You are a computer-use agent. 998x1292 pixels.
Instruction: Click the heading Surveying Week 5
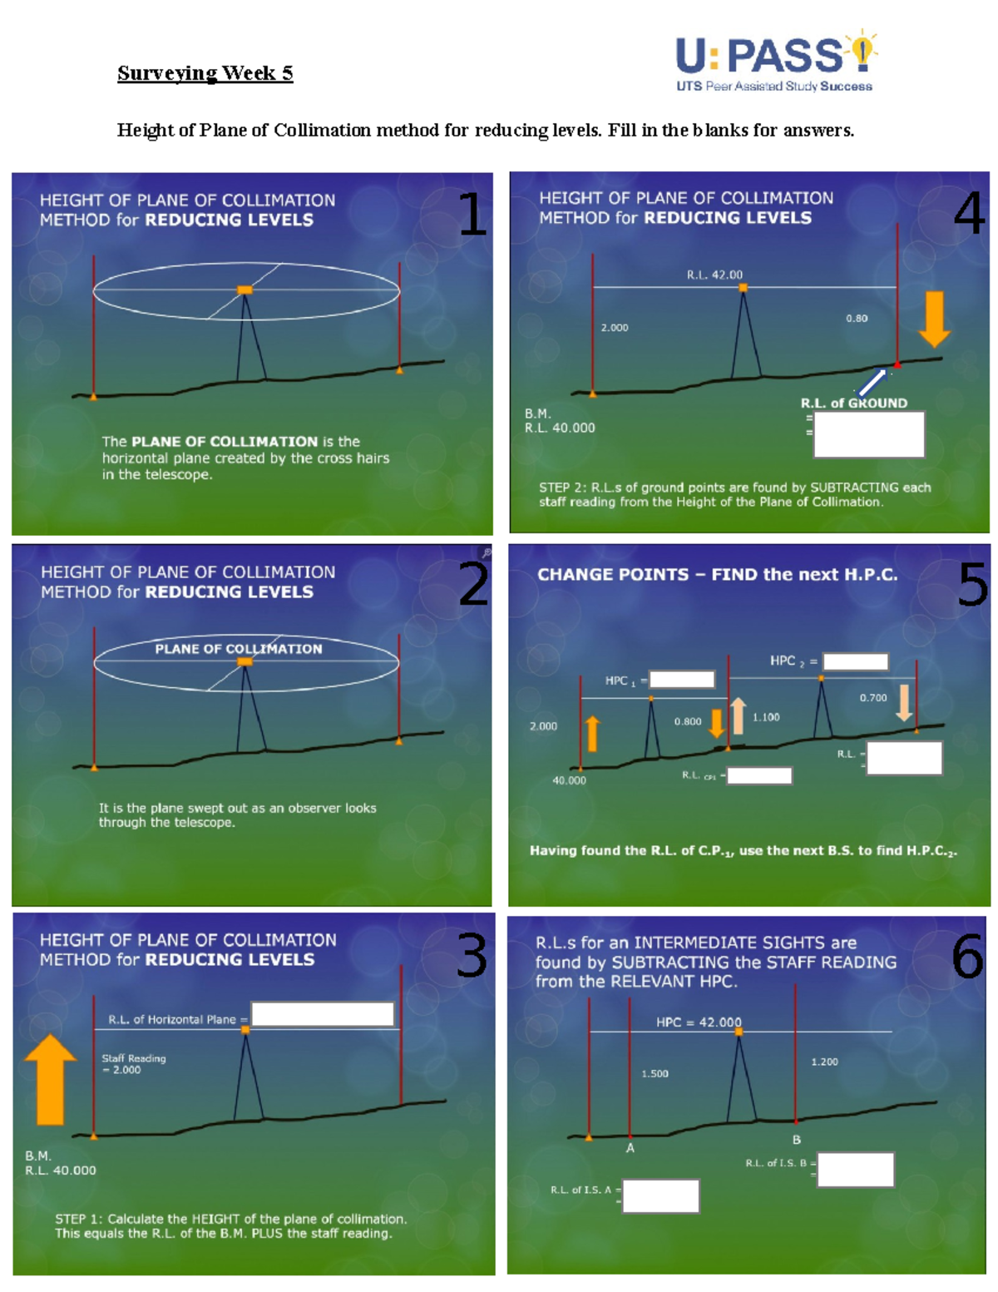[x=205, y=73]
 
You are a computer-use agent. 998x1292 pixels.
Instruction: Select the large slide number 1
[x=472, y=214]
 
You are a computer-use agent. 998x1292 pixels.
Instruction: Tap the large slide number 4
[x=969, y=212]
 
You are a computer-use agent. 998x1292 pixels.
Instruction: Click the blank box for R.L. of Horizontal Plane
[x=322, y=1014]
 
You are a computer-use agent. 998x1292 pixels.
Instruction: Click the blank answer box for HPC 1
[x=681, y=680]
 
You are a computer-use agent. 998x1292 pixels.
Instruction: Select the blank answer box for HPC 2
[x=855, y=661]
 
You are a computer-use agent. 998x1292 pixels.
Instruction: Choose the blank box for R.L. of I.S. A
[x=660, y=1195]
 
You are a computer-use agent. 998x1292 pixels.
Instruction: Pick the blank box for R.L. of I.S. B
[x=855, y=1169]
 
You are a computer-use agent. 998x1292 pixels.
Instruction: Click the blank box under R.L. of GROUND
[x=868, y=434]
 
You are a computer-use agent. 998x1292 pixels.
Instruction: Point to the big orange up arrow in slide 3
[x=51, y=1079]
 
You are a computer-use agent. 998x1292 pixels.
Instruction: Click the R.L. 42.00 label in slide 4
[x=714, y=275]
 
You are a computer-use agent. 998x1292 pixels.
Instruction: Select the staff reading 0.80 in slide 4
[x=857, y=318]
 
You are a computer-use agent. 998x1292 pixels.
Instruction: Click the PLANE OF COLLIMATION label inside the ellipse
[x=239, y=649]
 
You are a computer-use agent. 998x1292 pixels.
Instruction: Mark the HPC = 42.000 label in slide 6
[x=699, y=1022]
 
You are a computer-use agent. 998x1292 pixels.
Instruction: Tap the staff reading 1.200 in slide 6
[x=824, y=1062]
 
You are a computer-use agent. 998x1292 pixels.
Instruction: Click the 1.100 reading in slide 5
[x=766, y=717]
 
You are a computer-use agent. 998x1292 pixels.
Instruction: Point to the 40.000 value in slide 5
[x=569, y=780]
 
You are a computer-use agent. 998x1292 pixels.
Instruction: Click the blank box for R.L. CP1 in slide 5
[x=759, y=775]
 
